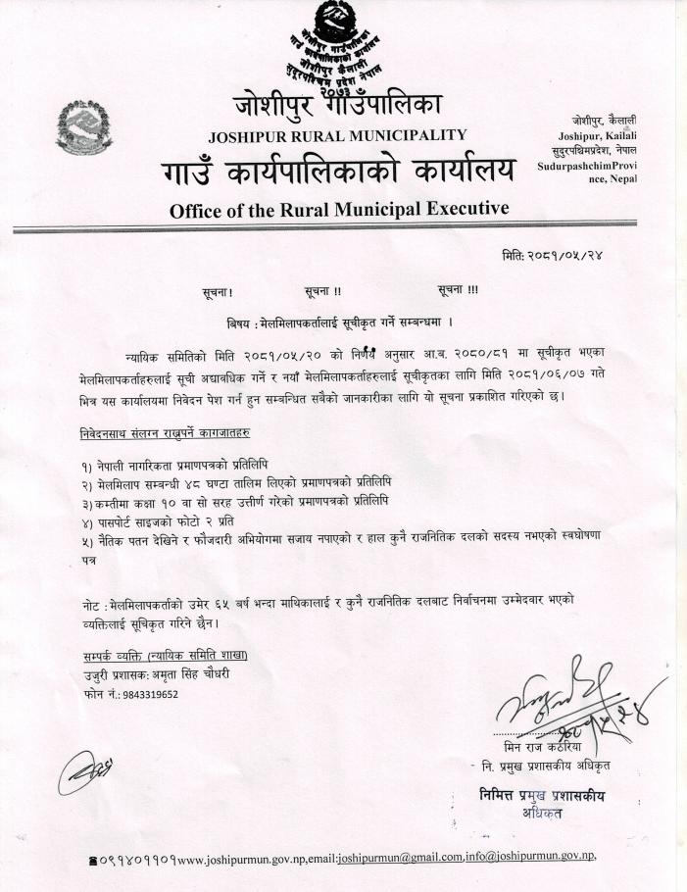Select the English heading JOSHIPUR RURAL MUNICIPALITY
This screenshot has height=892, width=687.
(x=338, y=135)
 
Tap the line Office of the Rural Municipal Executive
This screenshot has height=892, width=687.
(x=339, y=209)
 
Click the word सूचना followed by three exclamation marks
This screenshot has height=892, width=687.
(x=459, y=290)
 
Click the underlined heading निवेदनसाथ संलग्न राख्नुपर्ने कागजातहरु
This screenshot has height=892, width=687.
(x=164, y=432)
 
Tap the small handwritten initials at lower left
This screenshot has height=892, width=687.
(x=82, y=771)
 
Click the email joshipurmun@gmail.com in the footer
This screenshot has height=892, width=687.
(x=399, y=857)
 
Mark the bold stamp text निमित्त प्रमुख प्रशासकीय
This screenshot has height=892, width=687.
(x=542, y=795)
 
